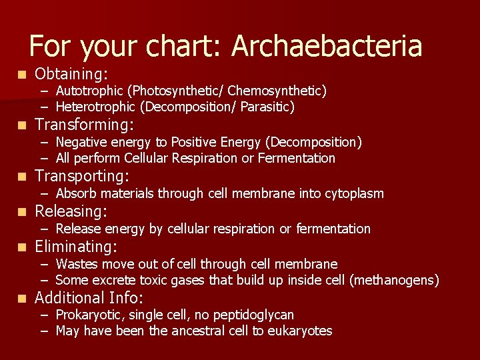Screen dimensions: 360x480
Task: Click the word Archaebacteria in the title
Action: pyautogui.click(x=327, y=46)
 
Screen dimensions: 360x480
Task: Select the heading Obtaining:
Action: pyautogui.click(x=72, y=73)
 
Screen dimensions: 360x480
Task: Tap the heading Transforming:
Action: pyautogui.click(x=84, y=125)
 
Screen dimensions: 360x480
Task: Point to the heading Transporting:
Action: pyautogui.click(x=82, y=177)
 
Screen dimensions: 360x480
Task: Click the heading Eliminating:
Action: pyautogui.click(x=76, y=247)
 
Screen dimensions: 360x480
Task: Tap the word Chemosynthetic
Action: pyautogui.click(x=283, y=91)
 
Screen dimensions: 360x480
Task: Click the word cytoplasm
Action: pyautogui.click(x=354, y=194)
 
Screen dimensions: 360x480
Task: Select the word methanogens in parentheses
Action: pyautogui.click(x=393, y=281)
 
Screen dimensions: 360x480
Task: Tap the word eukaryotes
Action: pyautogui.click(x=299, y=331)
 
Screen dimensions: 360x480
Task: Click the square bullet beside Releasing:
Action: pyautogui.click(x=23, y=213)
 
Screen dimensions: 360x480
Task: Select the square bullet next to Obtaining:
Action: pyautogui.click(x=23, y=73)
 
